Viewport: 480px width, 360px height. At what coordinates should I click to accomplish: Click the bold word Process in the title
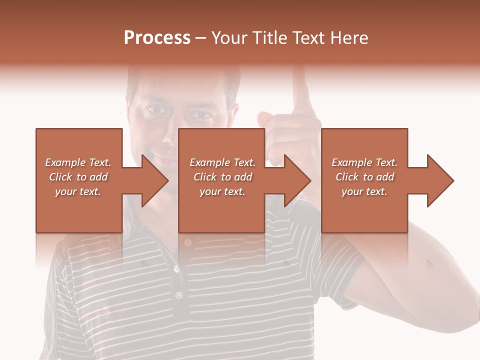tap(157, 38)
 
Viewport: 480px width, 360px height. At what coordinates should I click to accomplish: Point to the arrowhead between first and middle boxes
tap(154, 180)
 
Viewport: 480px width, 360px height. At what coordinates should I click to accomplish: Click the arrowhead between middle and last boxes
tap(297, 180)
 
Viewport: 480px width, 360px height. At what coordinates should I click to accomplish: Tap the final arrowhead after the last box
tap(440, 180)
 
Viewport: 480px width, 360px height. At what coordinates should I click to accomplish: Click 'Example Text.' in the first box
tap(78, 162)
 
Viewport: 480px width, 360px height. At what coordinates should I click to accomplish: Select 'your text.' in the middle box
tap(222, 191)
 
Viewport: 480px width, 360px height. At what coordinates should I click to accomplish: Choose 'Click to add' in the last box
tap(365, 177)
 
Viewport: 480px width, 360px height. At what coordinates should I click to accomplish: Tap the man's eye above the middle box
tap(202, 115)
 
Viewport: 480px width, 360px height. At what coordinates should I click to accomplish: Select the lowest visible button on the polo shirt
tap(178, 295)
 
